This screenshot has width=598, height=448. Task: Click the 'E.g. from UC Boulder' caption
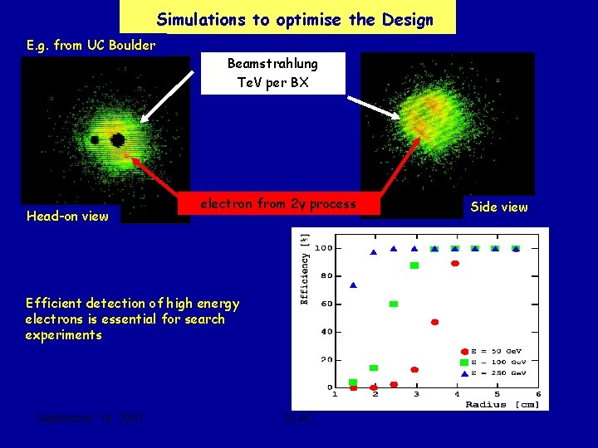point(91,45)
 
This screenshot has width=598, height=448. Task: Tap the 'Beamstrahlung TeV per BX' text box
point(272,72)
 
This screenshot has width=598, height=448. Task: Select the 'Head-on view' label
point(67,216)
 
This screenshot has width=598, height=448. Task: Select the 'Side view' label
point(498,207)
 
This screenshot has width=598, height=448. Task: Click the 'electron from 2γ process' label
point(277,204)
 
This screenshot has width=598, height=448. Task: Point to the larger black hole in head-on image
point(118,139)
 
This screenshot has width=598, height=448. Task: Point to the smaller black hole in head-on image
point(95,139)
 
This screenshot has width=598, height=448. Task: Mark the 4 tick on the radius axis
point(456,394)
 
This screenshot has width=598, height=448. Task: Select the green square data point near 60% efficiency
point(394,304)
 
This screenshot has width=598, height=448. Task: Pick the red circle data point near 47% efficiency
point(434,322)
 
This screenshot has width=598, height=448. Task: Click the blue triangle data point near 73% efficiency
point(353,285)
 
